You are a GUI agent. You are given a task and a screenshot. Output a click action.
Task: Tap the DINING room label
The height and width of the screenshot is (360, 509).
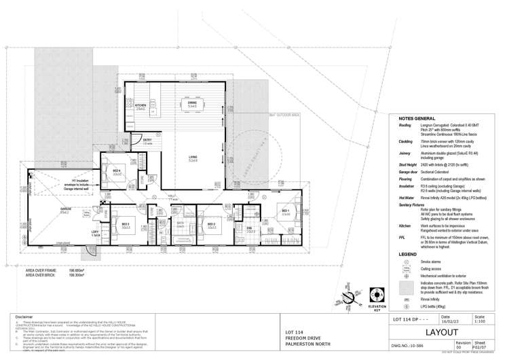click(x=192, y=103)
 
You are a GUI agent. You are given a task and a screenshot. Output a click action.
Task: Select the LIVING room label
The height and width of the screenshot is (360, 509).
click(x=193, y=158)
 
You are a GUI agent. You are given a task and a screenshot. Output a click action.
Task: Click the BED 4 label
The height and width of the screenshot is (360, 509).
click(x=116, y=172)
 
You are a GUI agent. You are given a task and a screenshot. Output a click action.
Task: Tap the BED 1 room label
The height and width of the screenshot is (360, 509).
click(x=286, y=211)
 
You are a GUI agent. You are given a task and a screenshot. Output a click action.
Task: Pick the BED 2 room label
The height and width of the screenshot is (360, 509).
click(x=211, y=224)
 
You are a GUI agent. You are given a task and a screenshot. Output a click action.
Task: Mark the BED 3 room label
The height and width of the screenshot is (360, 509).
click(x=126, y=224)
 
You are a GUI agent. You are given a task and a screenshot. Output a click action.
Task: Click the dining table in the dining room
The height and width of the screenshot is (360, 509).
click(x=193, y=105)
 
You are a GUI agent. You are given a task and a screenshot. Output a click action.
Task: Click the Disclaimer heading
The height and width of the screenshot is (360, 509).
click(x=24, y=317)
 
